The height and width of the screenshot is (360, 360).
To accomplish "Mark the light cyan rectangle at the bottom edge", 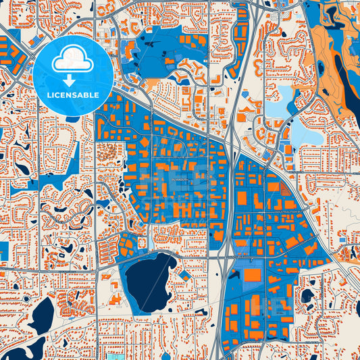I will pos(111,356).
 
